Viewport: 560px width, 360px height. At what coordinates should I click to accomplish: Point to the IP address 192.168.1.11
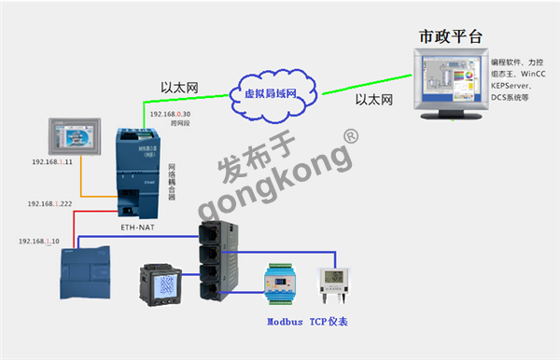[52, 161]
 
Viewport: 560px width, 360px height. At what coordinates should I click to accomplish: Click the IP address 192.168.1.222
[50, 203]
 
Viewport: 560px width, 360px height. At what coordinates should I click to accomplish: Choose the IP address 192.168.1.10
[39, 242]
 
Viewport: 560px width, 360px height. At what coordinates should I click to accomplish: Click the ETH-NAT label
[138, 225]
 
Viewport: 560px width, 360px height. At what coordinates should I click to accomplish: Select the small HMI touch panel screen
[75, 135]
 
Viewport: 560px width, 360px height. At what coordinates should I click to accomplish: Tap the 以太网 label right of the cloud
[373, 99]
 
